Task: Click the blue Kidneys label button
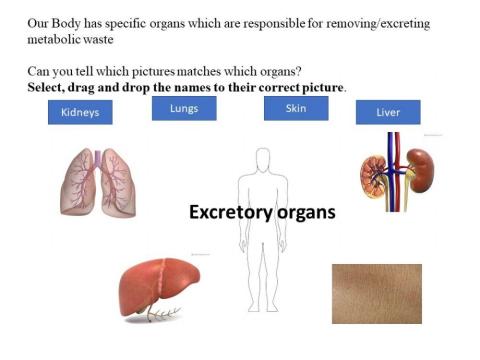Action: (80, 113)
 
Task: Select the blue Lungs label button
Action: (183, 108)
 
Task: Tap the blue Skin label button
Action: (296, 108)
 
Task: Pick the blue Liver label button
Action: (388, 112)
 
